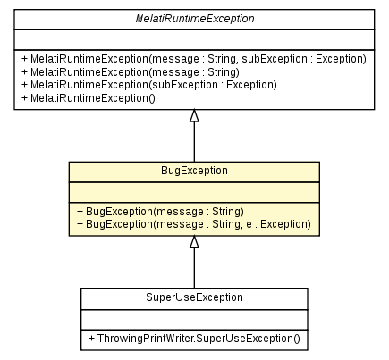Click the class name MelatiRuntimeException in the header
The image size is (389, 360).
click(193, 19)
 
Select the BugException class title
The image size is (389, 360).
click(194, 170)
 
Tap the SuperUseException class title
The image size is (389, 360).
click(194, 297)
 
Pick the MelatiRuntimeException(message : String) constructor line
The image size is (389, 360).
click(130, 71)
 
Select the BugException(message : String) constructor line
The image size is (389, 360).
click(159, 211)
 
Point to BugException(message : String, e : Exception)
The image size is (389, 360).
click(194, 224)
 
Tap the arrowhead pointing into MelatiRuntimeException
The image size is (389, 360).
click(194, 116)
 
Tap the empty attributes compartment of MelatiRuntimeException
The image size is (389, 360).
click(193, 38)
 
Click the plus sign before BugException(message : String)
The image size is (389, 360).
click(80, 211)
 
